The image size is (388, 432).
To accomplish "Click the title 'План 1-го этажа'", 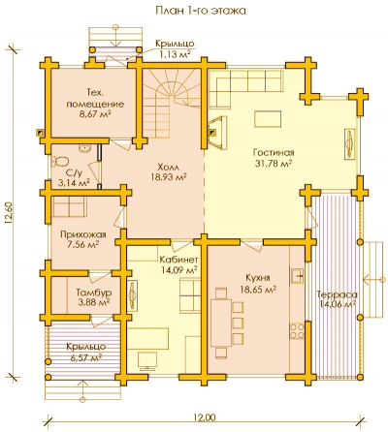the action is pos(201,11).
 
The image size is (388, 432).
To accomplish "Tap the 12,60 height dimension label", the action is pos(9,214).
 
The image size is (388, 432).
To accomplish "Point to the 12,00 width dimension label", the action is pos(205,417).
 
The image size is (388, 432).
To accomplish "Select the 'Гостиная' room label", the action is pos(274,152).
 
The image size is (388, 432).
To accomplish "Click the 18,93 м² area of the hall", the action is pos(169,177).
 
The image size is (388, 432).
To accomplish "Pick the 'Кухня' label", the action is pos(258,278).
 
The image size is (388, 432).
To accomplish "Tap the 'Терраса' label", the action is pos(337,294).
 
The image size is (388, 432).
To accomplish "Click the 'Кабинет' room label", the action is pos(178,260).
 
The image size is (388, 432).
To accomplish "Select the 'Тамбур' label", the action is pos(94,293).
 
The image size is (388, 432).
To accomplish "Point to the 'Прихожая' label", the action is pos(83,234).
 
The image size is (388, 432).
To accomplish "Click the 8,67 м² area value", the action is pos(95,114).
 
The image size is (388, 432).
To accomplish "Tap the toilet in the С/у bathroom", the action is pos(60,161).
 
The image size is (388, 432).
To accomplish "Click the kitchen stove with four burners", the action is pos(297,331).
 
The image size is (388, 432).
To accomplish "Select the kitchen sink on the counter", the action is pos(298,276).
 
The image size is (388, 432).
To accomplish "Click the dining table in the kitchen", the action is pos(221,323).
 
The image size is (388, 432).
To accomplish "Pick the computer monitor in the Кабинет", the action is pos(147,361).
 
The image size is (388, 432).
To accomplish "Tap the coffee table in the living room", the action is pos(268,119).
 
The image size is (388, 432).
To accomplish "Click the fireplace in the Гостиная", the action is pos(217,133).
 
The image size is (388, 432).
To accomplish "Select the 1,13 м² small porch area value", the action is pos(175,54).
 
